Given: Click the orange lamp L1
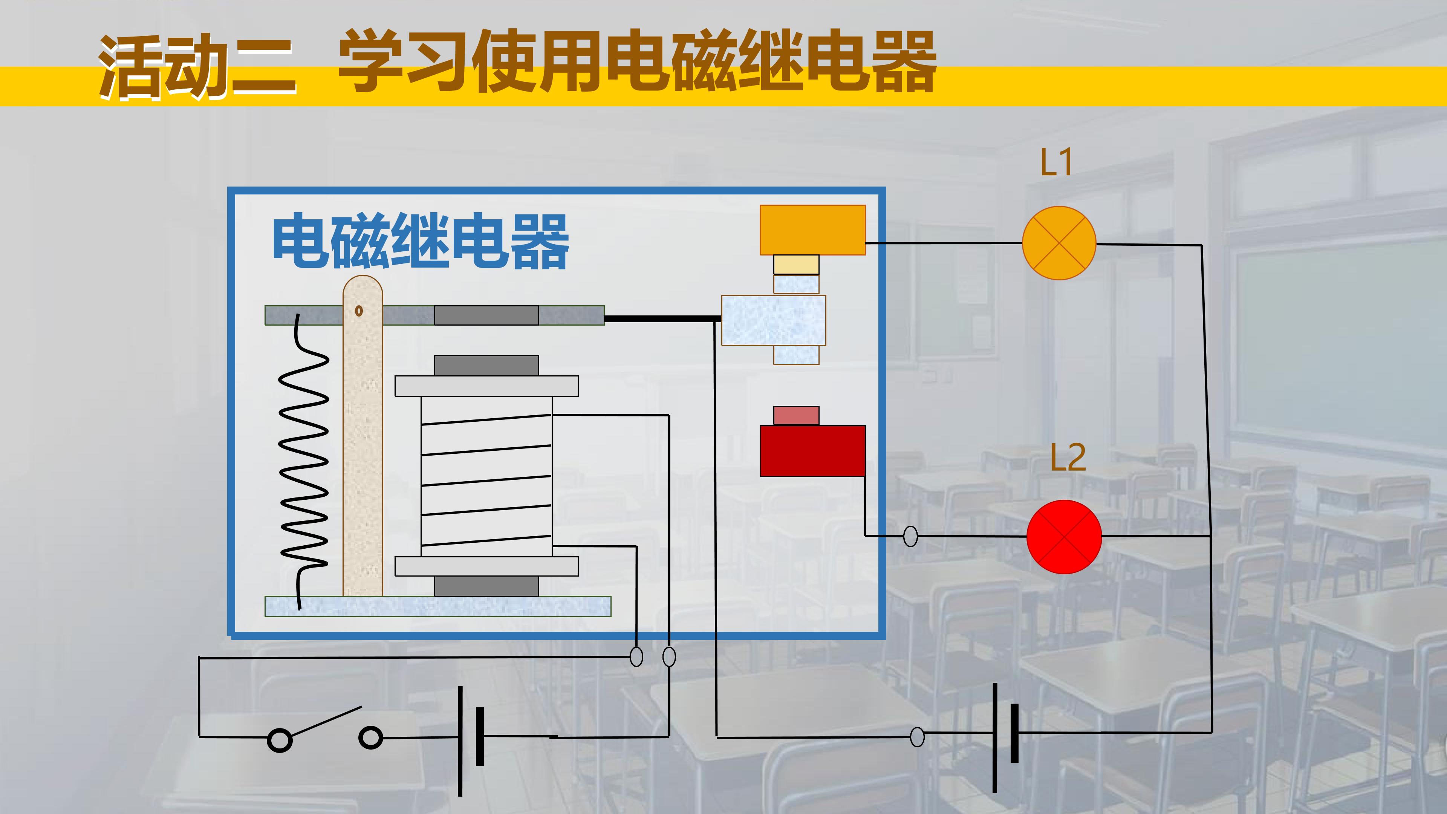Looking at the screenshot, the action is (x=1059, y=243).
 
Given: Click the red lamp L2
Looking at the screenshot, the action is (x=1064, y=537).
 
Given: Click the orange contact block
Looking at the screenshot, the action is (x=812, y=230).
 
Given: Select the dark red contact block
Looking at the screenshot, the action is (x=812, y=451).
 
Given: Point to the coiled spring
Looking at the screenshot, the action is (x=304, y=461).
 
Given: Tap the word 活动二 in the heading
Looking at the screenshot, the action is (x=197, y=67).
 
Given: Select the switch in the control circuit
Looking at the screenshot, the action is (x=325, y=730).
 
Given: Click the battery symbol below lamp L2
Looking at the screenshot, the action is (x=1004, y=737).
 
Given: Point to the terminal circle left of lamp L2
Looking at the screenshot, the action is (x=910, y=537).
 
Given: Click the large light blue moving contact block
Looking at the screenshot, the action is (x=774, y=320).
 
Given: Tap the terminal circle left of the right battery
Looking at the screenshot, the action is (x=917, y=736).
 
